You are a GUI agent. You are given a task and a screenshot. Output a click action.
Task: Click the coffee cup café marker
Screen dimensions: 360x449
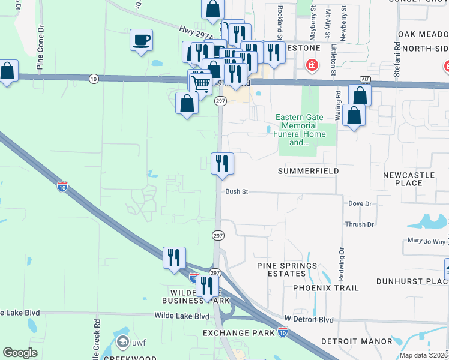point(141,40)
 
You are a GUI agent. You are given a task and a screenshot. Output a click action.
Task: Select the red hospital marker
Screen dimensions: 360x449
point(312,65)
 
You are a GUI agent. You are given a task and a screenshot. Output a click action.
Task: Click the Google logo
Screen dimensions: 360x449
point(20,353)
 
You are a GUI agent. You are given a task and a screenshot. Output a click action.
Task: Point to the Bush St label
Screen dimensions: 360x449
point(237,192)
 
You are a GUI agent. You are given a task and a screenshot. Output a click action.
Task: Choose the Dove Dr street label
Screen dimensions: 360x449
point(360,204)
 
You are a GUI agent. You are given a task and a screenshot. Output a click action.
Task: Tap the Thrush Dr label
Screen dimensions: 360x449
point(359,224)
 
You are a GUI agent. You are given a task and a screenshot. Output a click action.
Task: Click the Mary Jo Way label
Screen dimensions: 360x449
point(426,241)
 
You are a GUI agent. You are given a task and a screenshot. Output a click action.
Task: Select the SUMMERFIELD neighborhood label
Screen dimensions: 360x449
point(309,171)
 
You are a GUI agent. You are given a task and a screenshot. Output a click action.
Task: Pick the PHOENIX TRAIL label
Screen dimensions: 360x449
point(326,288)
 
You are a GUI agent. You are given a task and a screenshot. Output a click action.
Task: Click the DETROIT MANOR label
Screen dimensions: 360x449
point(356,341)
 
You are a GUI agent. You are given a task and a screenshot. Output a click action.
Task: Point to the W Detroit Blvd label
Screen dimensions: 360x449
point(309,319)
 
